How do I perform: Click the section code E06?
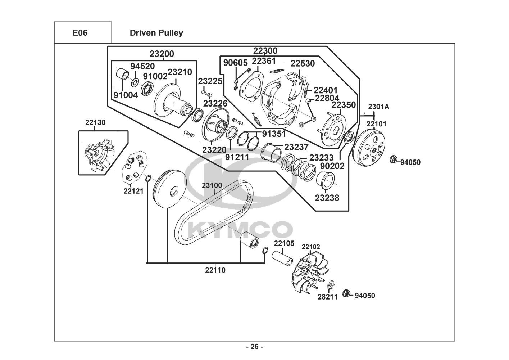click(80, 33)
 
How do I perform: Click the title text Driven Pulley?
click(156, 33)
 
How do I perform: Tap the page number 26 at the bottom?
click(255, 346)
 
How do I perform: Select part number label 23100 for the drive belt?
click(212, 185)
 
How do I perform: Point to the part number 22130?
click(95, 122)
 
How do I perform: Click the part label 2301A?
click(378, 107)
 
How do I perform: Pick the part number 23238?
click(327, 198)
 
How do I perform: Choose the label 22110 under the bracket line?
click(215, 270)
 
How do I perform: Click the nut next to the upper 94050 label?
click(393, 159)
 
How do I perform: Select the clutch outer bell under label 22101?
click(369, 148)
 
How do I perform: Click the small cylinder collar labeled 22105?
click(282, 258)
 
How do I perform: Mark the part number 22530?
click(303, 64)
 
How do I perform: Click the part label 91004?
click(126, 95)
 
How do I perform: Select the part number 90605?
click(235, 63)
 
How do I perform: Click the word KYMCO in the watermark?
click(240, 230)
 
